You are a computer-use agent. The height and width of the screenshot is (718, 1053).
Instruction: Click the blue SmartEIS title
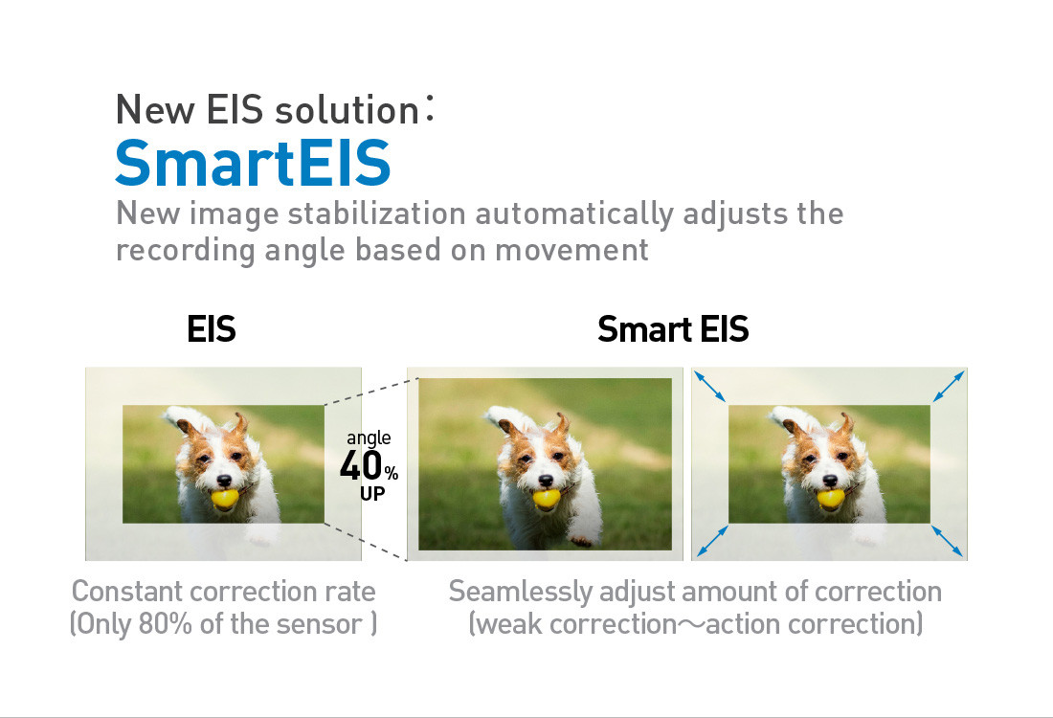(x=253, y=162)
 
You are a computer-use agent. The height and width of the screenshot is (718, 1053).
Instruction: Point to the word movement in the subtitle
(x=572, y=250)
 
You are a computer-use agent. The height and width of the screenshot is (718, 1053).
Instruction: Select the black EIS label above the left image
(x=212, y=329)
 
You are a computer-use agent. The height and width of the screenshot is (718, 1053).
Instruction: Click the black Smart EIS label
(x=673, y=329)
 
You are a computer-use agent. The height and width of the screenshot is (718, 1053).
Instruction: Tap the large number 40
(x=361, y=465)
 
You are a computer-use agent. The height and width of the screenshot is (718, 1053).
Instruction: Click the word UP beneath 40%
(x=372, y=494)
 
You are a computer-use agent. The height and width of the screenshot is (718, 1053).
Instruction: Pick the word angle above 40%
(x=369, y=438)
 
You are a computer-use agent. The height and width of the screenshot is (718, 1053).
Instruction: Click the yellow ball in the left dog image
(x=224, y=499)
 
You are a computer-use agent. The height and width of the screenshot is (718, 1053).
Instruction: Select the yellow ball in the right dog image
(x=831, y=499)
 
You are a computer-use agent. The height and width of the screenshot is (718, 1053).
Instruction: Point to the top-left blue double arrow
(x=710, y=387)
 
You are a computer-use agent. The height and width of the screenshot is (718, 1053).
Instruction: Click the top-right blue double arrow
(x=949, y=387)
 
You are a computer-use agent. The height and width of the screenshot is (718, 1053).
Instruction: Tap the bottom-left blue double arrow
(x=712, y=541)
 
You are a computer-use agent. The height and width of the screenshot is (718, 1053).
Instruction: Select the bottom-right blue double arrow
(x=948, y=541)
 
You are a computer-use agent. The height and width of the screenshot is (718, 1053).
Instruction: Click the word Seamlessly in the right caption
(x=521, y=593)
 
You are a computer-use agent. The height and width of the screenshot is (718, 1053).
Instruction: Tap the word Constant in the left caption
(x=127, y=591)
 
